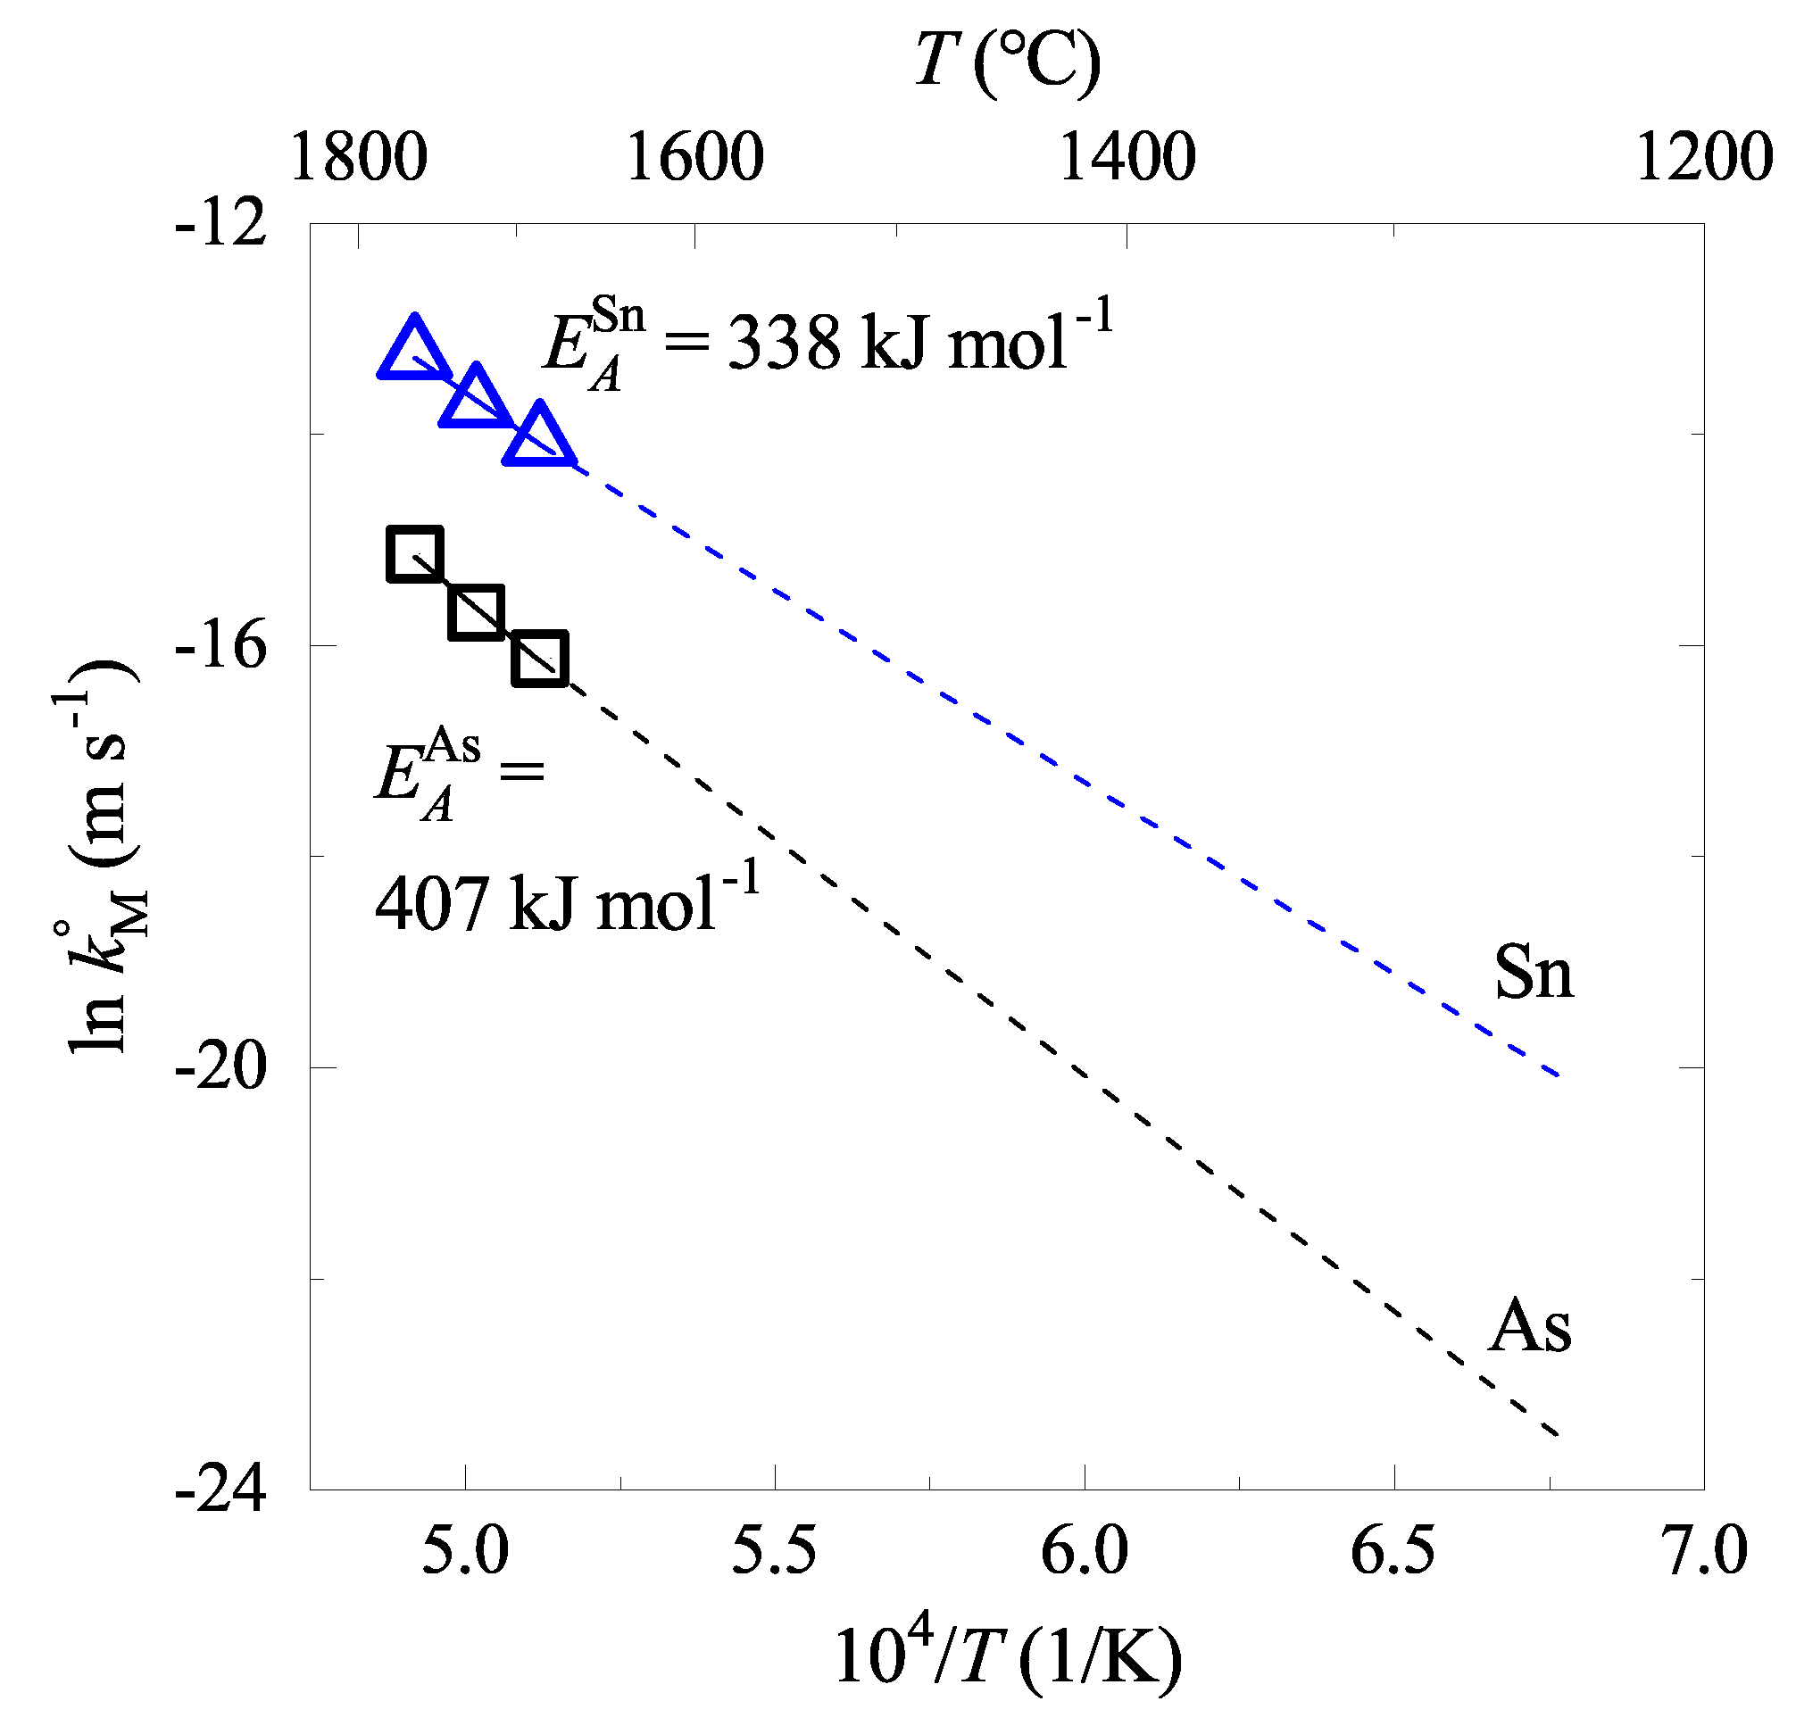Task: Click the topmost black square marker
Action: tap(415, 554)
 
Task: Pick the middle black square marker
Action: tap(477, 612)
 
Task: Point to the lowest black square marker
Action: tap(540, 658)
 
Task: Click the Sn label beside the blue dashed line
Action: tap(1533, 972)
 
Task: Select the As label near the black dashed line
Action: tap(1529, 1326)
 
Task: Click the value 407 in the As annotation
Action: tap(430, 904)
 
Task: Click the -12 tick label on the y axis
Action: tap(220, 222)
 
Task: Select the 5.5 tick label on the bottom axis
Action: tap(773, 1551)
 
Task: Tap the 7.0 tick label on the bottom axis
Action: tap(1703, 1551)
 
